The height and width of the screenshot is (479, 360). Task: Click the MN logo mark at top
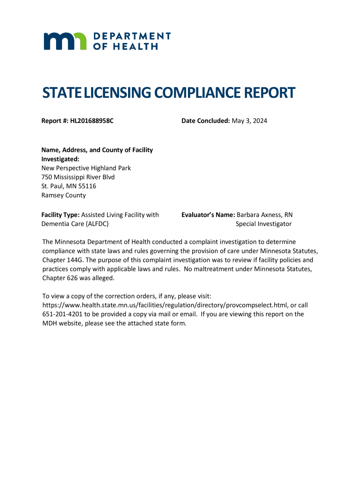pos(65,41)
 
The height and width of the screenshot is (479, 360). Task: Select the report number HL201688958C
pos(92,121)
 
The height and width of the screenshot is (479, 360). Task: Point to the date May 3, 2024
pos(250,121)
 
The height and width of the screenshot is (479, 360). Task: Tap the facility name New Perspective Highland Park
pos(86,168)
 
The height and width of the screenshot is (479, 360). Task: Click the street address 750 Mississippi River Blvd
pos(78,177)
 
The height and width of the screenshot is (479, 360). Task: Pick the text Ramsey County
pos(64,195)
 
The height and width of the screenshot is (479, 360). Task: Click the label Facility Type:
pos(61,215)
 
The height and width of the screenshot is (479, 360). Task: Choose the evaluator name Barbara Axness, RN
pos(265,215)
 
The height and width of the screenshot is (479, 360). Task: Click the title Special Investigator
pos(263,224)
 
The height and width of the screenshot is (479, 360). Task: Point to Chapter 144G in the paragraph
pos(61,260)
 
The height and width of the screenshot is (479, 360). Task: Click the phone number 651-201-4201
pos(59,314)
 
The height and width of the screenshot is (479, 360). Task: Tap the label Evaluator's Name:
pos(208,215)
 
